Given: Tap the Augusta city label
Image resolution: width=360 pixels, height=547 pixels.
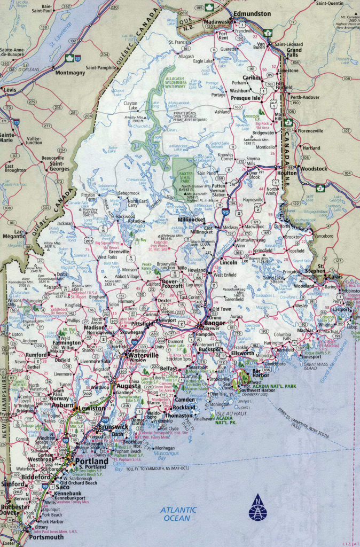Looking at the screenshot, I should point(129,385).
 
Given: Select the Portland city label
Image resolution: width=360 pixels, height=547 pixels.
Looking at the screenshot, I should point(91,461).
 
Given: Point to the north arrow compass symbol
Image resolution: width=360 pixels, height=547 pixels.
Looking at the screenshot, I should point(257,509).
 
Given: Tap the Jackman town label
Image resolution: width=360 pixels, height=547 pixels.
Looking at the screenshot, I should point(65,223).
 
